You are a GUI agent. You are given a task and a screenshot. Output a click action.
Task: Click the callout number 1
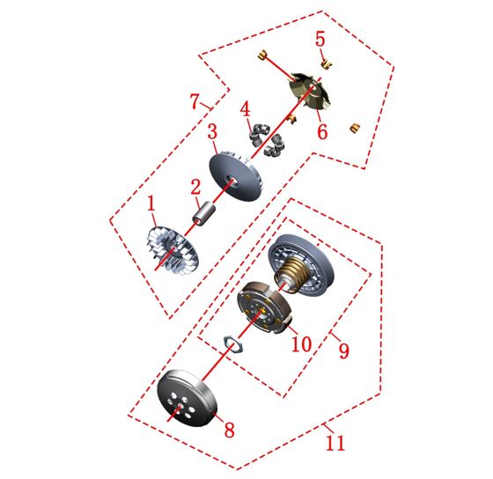coord(151,203)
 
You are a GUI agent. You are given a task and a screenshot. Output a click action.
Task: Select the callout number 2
coord(195,188)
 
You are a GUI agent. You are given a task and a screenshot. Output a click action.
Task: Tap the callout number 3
coord(212,131)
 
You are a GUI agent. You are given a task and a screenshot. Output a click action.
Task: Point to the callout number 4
coord(246,109)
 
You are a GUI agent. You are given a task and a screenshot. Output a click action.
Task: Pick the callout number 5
coord(320,39)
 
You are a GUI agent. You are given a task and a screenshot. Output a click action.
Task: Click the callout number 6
coord(322,131)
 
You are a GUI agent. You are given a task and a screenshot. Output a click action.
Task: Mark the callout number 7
coord(195,101)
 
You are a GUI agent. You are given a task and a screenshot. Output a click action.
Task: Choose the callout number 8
coord(229,430)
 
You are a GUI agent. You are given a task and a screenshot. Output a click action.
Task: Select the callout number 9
coord(343,350)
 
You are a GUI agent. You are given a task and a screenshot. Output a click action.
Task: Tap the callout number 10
coord(301,343)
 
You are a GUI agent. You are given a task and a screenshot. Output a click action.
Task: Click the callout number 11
coord(335,443)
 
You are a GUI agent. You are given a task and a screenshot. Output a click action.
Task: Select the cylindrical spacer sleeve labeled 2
coord(203,214)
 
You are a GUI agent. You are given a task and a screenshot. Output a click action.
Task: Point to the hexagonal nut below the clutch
coord(233,344)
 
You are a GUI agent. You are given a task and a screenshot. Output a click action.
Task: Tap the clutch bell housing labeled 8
coord(188,398)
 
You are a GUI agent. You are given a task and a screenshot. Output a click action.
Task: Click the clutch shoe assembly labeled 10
coord(265,307)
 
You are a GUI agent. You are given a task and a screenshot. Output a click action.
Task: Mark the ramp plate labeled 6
coord(311,92)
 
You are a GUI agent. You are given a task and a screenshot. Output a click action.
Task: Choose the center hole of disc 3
coord(232,181)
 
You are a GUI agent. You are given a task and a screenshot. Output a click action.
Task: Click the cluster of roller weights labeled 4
coord(267,140)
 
